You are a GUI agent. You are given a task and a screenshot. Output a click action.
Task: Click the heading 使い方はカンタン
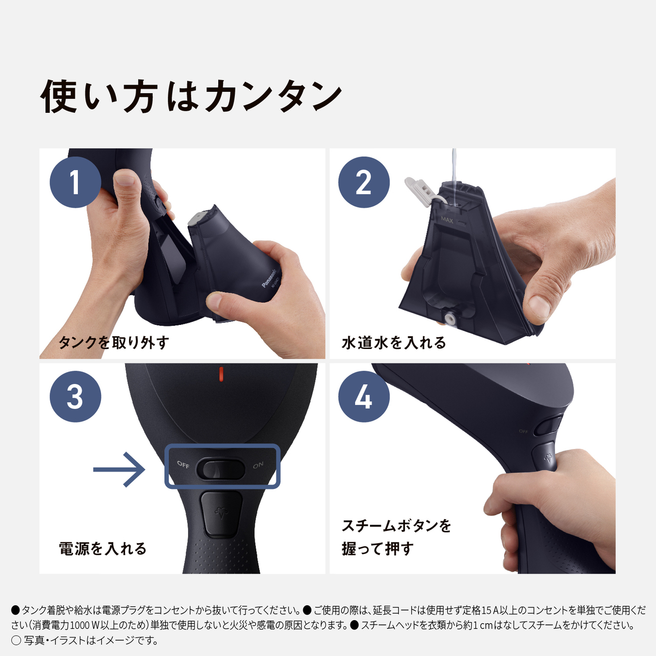(191, 96)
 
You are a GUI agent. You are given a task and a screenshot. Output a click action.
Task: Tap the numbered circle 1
(75, 182)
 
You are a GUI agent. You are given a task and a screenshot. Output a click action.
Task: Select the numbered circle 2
(364, 182)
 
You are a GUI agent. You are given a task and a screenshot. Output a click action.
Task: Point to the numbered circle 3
(75, 397)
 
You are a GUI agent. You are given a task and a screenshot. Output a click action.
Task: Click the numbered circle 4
(364, 397)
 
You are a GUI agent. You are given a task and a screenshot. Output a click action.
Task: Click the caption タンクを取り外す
(114, 342)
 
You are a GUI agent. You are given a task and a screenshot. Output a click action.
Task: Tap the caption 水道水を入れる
(394, 342)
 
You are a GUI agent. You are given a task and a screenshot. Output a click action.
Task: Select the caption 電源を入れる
(102, 548)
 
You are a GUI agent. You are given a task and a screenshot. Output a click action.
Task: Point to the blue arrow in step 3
(119, 469)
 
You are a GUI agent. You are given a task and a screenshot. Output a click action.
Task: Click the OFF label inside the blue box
(183, 465)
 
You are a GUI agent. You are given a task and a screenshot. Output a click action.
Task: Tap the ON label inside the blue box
(258, 465)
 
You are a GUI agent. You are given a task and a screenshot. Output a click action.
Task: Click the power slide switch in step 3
(220, 468)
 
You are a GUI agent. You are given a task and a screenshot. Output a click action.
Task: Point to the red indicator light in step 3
(221, 374)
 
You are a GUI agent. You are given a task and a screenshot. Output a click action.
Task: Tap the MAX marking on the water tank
(447, 219)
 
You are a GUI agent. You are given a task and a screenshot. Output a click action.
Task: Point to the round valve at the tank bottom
(451, 318)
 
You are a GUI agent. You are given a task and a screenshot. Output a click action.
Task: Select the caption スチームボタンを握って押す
(396, 537)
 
